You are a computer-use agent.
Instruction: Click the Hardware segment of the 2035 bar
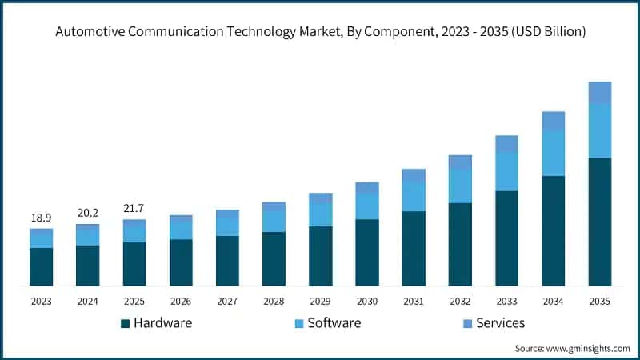click(x=599, y=222)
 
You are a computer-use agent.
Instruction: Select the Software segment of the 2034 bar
click(x=553, y=154)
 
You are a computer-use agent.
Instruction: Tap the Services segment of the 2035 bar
click(x=599, y=93)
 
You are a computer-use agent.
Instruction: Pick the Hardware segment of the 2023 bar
click(x=42, y=266)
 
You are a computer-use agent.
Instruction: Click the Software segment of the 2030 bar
click(x=367, y=206)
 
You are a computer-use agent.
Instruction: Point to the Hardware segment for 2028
click(x=274, y=258)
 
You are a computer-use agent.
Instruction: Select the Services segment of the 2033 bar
click(x=506, y=144)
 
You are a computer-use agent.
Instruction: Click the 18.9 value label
click(x=42, y=218)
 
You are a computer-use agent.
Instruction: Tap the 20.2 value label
click(x=88, y=213)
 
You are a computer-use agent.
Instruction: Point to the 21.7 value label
click(x=134, y=209)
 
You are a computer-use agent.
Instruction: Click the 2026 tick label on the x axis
click(x=181, y=302)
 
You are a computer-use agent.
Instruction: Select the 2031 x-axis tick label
click(x=414, y=302)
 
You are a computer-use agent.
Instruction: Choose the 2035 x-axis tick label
click(x=599, y=302)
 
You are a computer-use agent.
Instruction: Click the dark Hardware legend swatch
click(x=126, y=324)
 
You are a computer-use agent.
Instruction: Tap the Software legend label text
click(x=334, y=323)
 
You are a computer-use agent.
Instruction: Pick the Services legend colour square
click(x=468, y=324)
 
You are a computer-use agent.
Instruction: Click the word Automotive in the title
click(x=90, y=31)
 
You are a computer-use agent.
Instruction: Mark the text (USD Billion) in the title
click(x=548, y=31)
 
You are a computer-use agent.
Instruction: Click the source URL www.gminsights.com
click(x=588, y=349)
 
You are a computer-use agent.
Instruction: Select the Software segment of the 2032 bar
click(x=460, y=186)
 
